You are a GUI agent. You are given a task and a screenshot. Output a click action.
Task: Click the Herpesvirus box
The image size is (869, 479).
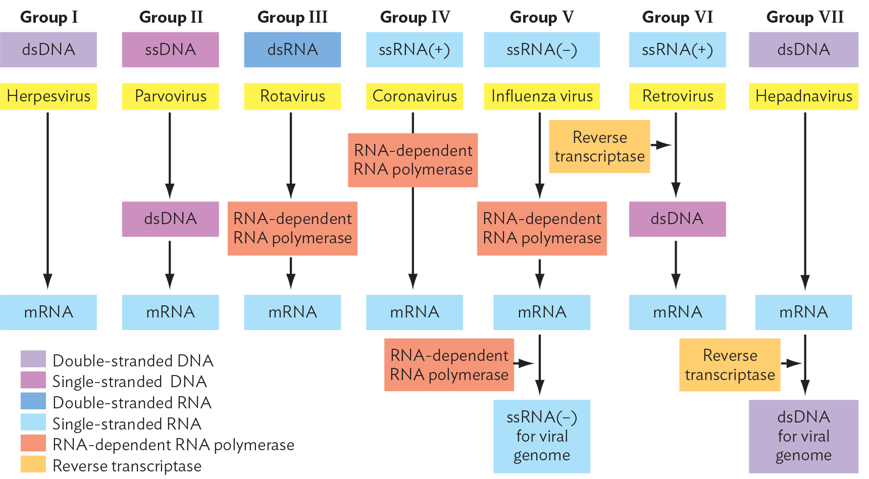point(48,96)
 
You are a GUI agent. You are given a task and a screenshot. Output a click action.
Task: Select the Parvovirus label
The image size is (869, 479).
point(170,96)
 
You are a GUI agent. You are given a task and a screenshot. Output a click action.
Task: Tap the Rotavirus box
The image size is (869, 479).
point(292,96)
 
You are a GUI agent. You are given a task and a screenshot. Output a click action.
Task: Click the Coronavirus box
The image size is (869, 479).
point(414,96)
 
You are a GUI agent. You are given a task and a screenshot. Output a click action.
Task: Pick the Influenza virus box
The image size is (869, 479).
point(541,96)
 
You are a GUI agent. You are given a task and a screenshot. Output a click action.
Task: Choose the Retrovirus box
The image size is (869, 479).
point(677,96)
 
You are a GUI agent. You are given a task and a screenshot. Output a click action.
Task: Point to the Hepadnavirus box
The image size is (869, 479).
point(803,96)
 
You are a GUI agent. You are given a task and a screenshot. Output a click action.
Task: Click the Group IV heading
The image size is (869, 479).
point(415,17)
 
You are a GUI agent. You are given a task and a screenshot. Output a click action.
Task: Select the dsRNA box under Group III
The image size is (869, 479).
point(292,49)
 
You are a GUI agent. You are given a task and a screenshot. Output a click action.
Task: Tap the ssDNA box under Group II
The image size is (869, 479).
point(170,49)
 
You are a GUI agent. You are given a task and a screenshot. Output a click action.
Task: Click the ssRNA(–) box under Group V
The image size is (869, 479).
point(541,49)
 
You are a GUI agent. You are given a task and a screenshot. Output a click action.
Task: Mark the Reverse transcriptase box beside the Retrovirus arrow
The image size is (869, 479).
point(599,146)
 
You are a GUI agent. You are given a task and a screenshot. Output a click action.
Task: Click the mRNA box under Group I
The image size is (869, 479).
point(48,312)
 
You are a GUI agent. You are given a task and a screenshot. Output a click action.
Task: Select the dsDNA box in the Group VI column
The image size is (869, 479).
point(677,219)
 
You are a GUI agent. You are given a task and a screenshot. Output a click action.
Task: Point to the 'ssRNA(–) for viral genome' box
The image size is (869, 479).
point(541,436)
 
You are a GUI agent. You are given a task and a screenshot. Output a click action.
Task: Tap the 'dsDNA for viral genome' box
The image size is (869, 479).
point(803,436)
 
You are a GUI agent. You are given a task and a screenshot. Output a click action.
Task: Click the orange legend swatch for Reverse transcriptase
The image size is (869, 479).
point(33,464)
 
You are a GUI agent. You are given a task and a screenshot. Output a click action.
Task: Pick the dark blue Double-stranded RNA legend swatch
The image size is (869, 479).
point(33,401)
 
